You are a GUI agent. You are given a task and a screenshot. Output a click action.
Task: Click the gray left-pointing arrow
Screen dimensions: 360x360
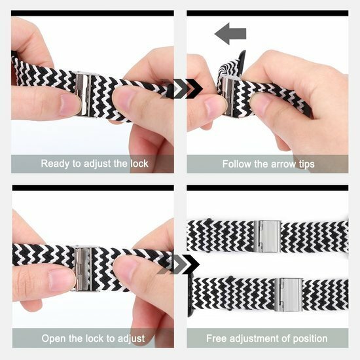[x=230, y=33]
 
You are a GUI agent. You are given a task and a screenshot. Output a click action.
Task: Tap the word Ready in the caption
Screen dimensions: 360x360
[x=56, y=164]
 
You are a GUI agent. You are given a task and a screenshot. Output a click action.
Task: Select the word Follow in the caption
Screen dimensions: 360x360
[x=238, y=164]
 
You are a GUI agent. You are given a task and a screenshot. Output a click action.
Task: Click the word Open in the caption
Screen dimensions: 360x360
[x=55, y=338]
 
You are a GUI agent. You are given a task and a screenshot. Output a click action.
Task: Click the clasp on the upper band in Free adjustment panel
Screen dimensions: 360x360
[x=268, y=234]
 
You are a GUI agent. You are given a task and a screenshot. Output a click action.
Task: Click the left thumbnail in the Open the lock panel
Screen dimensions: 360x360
[x=62, y=279]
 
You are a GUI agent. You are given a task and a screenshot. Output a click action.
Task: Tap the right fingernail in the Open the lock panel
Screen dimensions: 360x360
[x=124, y=270]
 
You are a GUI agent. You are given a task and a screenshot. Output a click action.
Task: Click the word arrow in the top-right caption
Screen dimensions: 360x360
[x=280, y=164]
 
